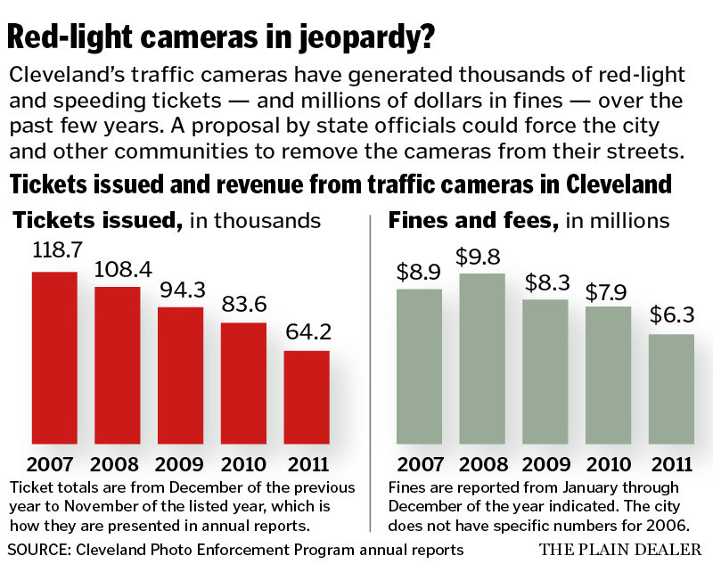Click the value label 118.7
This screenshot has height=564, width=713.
click(x=55, y=252)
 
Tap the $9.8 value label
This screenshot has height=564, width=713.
click(x=482, y=256)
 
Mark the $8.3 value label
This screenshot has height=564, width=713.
click(x=545, y=282)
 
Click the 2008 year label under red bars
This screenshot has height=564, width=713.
click(x=118, y=465)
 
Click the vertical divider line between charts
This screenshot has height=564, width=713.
click(x=369, y=356)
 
